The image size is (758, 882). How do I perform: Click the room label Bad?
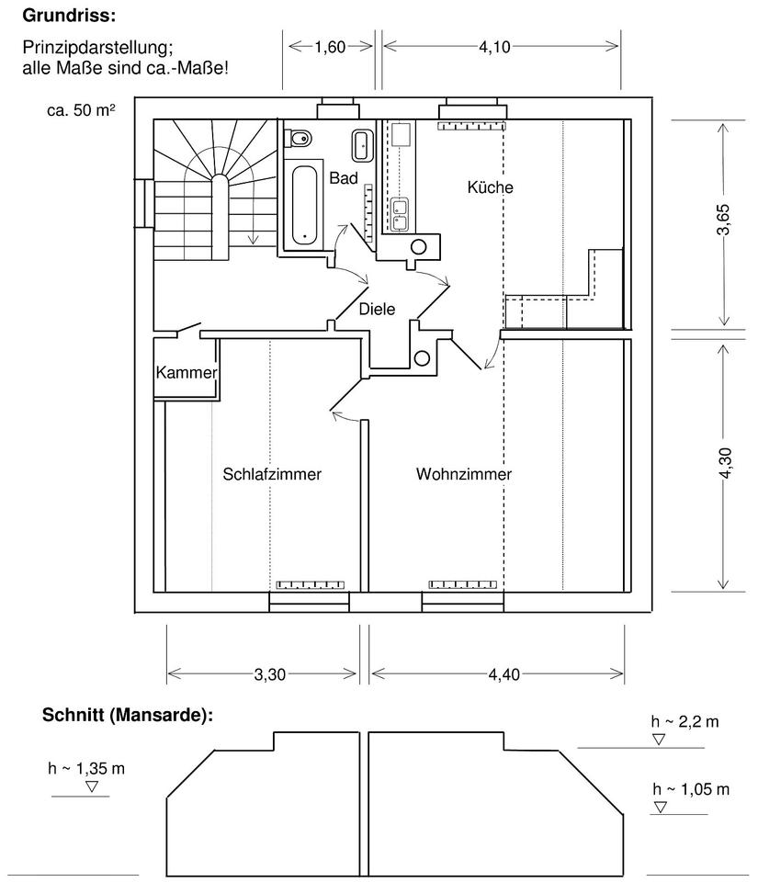[344, 178]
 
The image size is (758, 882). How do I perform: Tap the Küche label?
[490, 187]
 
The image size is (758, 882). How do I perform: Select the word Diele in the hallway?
[377, 309]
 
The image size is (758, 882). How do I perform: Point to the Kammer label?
[187, 372]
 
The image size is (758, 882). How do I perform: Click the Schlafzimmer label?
[272, 474]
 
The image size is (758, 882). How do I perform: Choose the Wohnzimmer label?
[464, 474]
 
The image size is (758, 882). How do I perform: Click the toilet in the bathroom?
[298, 138]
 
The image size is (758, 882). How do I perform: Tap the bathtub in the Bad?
[304, 205]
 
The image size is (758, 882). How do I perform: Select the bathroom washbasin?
[362, 144]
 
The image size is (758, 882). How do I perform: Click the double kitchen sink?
[400, 214]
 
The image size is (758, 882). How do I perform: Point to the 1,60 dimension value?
[330, 47]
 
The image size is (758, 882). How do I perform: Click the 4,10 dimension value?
[494, 47]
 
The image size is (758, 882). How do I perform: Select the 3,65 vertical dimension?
[724, 220]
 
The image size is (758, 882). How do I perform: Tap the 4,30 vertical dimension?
[724, 463]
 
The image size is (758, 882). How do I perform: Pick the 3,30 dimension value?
[270, 674]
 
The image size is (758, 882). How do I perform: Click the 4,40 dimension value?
[503, 674]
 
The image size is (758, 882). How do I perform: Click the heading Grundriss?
[69, 16]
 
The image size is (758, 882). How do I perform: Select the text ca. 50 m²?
[81, 109]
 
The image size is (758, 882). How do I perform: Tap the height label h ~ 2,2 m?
[684, 722]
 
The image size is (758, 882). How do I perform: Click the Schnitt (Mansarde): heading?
[128, 715]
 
